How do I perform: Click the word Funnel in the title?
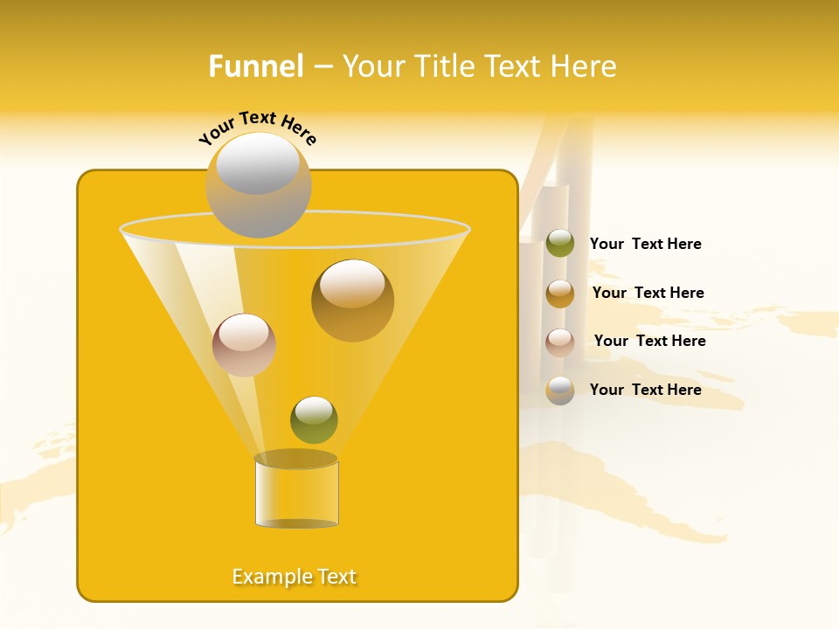[x=255, y=66]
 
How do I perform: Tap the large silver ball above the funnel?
[x=258, y=184]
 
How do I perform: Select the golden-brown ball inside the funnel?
[x=352, y=301]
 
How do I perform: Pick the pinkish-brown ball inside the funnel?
[x=244, y=345]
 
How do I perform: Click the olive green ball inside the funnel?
[x=314, y=420]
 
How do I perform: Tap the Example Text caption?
[x=295, y=577]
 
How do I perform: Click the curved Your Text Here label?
[x=257, y=128]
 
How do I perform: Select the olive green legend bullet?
[x=560, y=244]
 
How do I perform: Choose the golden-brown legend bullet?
[x=560, y=294]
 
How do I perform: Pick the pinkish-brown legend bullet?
[x=560, y=342]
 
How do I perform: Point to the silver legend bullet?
[x=560, y=391]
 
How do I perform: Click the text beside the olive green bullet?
[x=645, y=244]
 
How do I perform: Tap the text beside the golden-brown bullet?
[x=648, y=293]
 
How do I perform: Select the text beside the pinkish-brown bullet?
[x=649, y=341]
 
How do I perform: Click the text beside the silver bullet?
[x=645, y=390]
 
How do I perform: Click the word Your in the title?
[x=371, y=66]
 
